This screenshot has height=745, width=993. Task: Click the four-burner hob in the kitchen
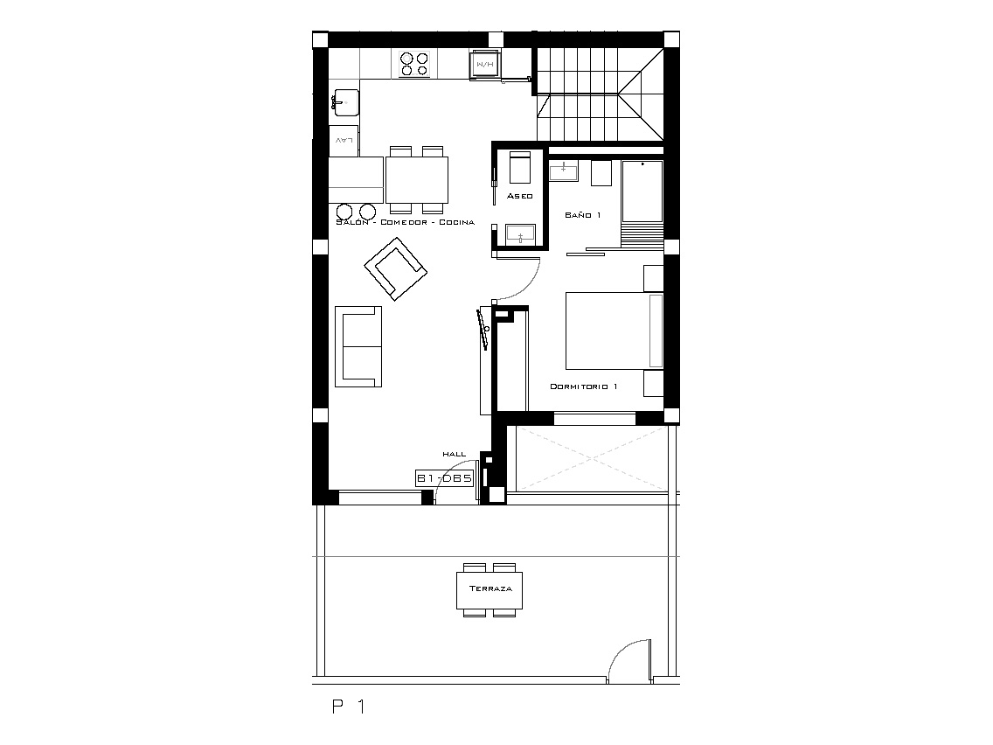click(415, 64)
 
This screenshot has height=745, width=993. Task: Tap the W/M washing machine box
click(486, 65)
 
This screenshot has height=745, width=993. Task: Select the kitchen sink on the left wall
click(345, 102)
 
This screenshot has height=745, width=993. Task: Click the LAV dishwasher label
click(344, 141)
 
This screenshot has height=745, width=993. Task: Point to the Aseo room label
click(520, 197)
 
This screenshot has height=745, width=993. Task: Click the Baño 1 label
click(583, 215)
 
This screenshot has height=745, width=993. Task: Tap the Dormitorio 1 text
click(583, 386)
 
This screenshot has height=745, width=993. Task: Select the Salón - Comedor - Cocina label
click(406, 222)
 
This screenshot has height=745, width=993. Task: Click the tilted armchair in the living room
click(396, 268)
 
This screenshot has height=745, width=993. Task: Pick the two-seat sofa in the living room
click(358, 346)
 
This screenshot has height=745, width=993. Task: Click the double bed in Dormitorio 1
click(615, 330)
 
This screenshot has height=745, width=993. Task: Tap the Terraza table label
click(490, 588)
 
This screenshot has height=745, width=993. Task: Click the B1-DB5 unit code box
click(445, 478)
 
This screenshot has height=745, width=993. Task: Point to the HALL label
click(454, 454)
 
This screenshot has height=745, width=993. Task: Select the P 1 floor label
click(349, 707)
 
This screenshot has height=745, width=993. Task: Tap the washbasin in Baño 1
click(563, 171)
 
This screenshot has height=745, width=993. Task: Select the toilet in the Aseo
click(520, 167)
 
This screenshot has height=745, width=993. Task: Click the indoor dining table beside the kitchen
click(417, 180)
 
